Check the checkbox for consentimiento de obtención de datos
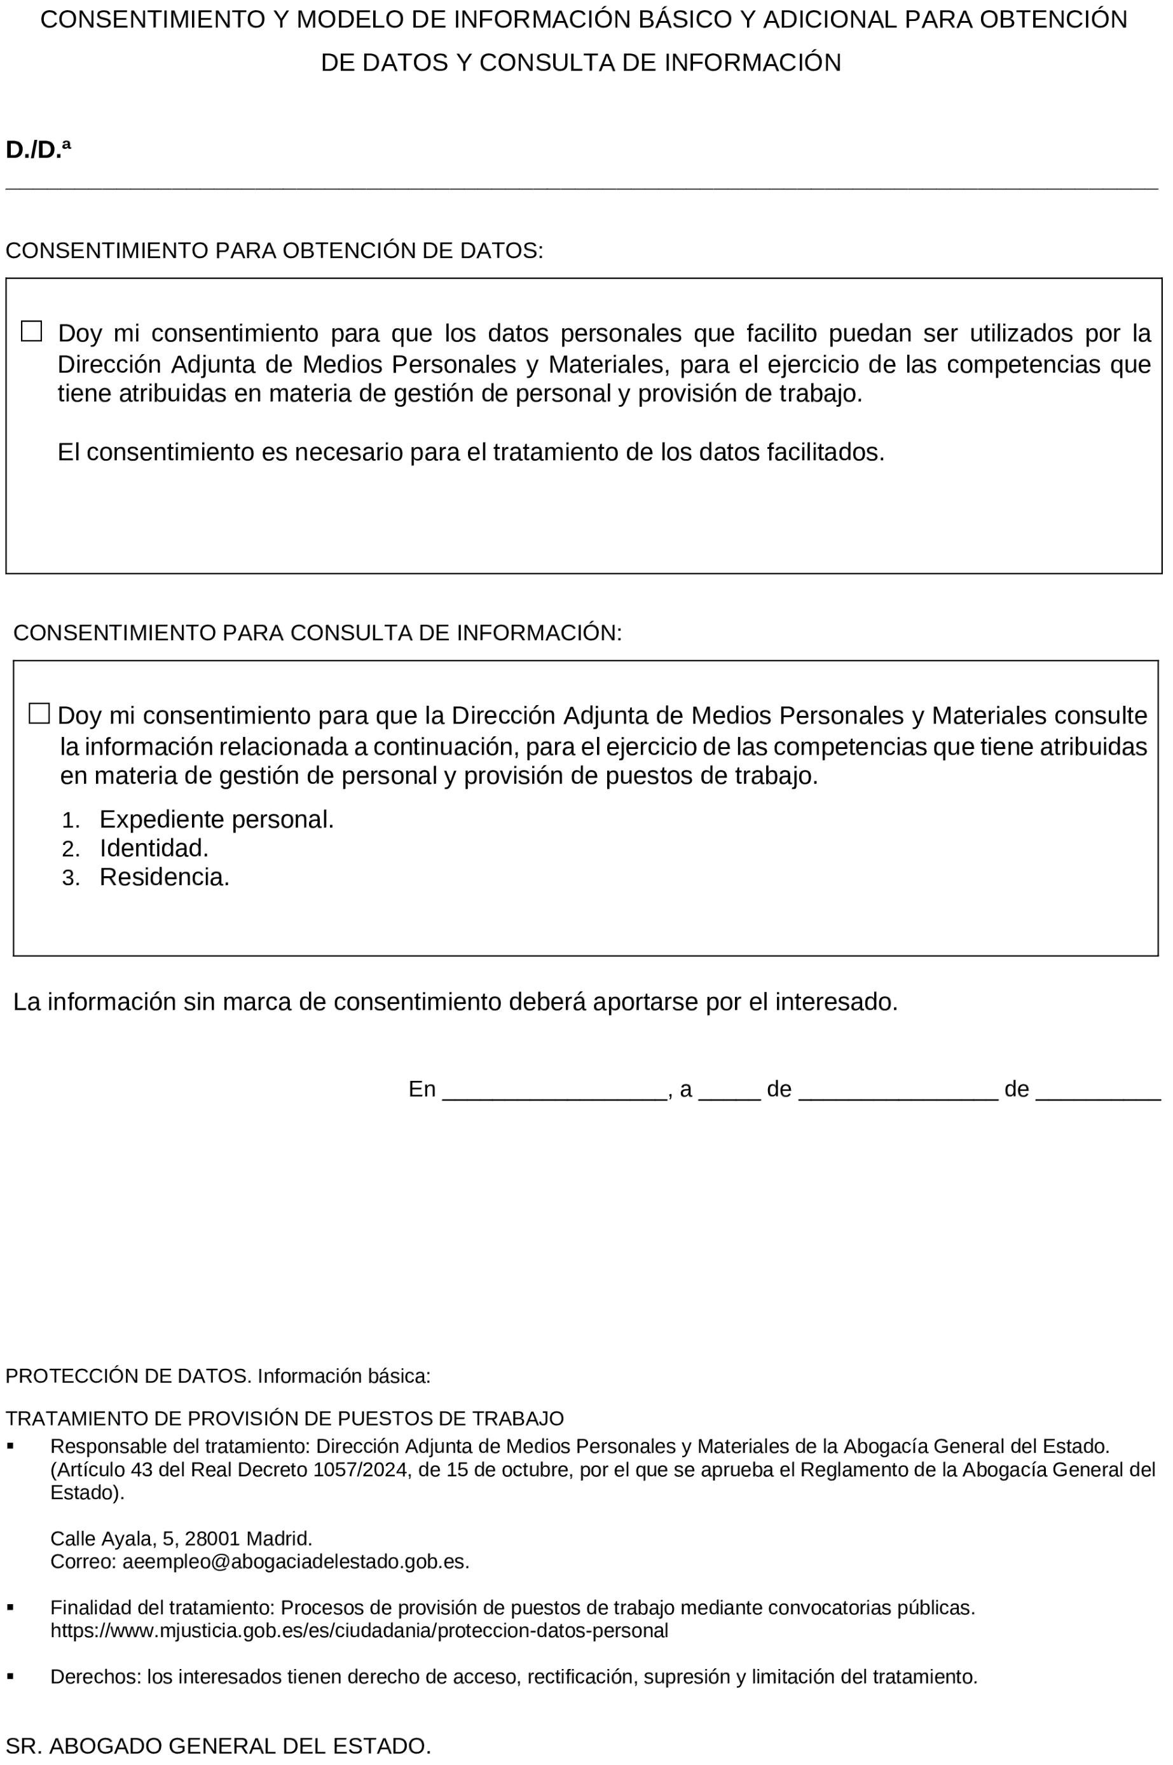(31, 331)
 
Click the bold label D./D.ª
(38, 149)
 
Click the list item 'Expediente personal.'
(216, 820)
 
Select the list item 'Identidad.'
(153, 848)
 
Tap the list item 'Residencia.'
(164, 877)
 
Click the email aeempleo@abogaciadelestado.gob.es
(295, 1562)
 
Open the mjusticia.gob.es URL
(359, 1630)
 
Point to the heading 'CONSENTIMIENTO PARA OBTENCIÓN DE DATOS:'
(274, 250)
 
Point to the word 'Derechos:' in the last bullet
(95, 1676)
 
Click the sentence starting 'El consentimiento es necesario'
(470, 452)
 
